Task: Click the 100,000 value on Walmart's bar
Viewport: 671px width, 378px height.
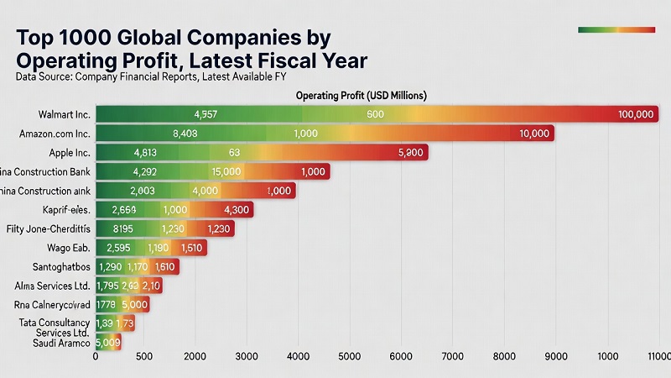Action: tap(634, 114)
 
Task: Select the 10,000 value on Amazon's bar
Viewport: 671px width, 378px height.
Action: tap(534, 134)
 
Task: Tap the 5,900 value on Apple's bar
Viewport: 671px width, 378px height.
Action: tap(411, 153)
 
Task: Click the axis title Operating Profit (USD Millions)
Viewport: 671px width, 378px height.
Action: tap(362, 96)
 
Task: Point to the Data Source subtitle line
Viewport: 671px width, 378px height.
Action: tap(151, 77)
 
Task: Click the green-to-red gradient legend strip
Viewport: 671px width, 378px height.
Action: tap(616, 30)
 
